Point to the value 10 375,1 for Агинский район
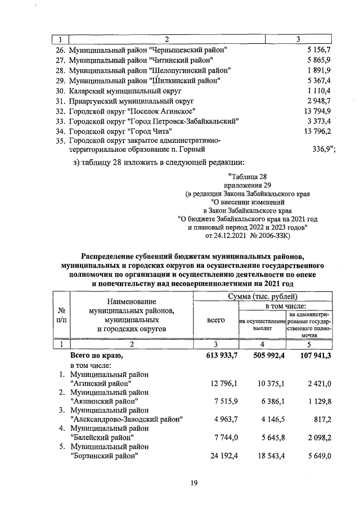click(x=267, y=383)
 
